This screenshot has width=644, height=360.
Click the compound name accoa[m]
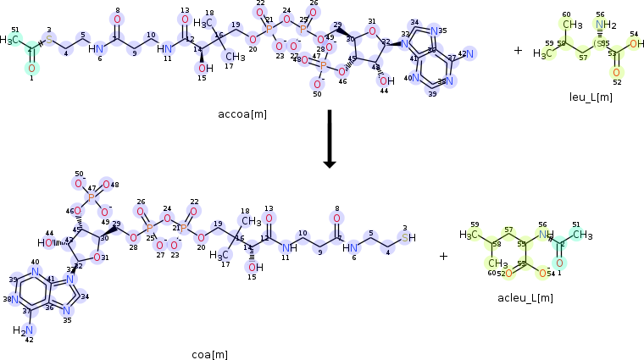246,111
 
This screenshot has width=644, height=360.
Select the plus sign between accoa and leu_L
518,51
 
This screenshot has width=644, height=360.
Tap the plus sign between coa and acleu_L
443,256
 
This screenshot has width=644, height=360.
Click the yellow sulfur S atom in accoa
49,40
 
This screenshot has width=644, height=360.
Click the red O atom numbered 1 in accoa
31,68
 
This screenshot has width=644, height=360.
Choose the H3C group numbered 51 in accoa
9,39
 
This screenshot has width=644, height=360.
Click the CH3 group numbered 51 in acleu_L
583,235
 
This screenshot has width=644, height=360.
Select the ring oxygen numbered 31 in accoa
371,33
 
